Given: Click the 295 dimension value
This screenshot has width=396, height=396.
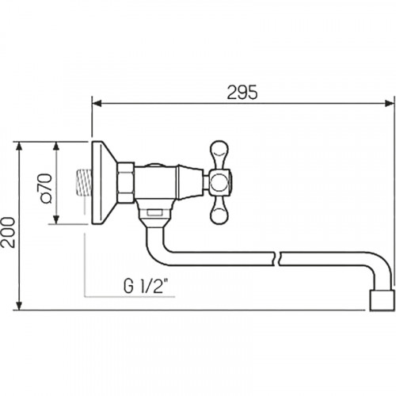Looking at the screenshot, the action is [x=242, y=92].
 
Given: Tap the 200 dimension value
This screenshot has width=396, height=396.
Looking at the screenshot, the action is [x=8, y=232].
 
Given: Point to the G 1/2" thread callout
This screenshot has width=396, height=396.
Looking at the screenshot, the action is [x=146, y=287].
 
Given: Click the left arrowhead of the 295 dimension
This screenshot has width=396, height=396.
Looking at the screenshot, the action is [x=97, y=103].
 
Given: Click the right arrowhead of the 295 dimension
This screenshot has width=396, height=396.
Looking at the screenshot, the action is [x=389, y=103].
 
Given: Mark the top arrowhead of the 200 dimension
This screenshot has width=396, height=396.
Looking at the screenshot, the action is [x=18, y=147].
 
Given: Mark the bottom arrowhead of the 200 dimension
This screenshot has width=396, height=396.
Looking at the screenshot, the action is [x=18, y=305].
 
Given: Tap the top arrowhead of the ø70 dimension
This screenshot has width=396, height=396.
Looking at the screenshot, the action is [x=56, y=147].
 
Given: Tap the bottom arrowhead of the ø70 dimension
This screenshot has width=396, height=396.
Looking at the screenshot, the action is [x=56, y=219].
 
